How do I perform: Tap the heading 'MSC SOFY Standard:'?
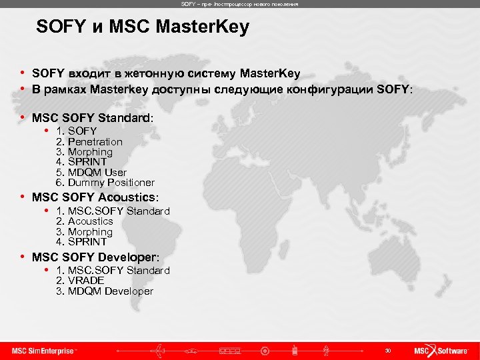click(x=93, y=117)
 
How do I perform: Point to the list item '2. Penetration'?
click(x=89, y=141)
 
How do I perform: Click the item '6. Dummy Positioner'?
click(x=105, y=182)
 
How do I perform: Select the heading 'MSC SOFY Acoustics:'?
click(x=96, y=197)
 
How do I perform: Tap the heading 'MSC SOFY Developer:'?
click(x=96, y=257)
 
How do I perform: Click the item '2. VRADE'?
click(x=81, y=281)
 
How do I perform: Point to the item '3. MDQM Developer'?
click(x=105, y=291)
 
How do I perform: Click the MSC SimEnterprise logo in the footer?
click(x=45, y=351)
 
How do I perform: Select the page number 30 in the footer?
click(x=387, y=351)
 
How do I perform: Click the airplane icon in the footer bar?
click(x=160, y=350)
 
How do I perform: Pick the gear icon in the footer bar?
click(x=265, y=351)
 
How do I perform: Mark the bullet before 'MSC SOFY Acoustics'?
click(x=23, y=197)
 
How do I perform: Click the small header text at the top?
click(x=239, y=4)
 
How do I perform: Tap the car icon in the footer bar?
click(x=193, y=351)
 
